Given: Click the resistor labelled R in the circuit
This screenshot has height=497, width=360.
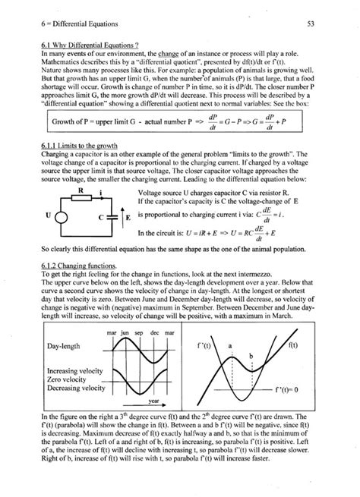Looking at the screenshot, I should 74,202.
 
